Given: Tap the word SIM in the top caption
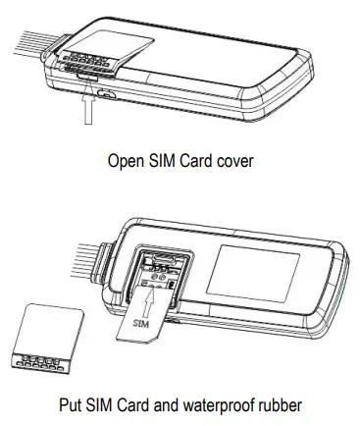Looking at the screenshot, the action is tap(159, 159).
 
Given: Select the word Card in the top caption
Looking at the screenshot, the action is tap(193, 159).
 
